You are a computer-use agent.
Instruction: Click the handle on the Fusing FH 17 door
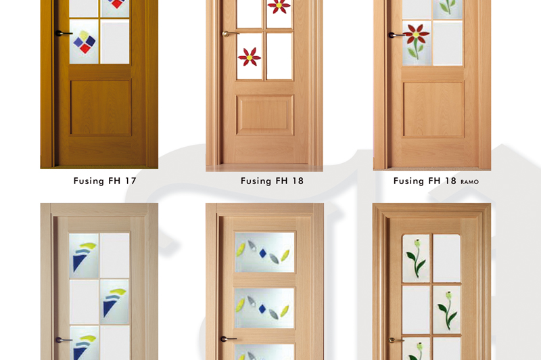[63, 33]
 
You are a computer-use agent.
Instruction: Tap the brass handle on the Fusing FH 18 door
[230, 33]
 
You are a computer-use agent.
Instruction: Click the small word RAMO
[469, 182]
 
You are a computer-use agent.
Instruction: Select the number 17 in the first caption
[130, 181]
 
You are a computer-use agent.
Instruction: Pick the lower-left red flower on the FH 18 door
[250, 57]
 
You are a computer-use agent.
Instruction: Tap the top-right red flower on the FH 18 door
[279, 6]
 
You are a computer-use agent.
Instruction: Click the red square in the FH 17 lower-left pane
[85, 49]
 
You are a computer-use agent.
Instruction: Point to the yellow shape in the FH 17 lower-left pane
[83, 35]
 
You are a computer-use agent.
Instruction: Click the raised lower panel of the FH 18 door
[265, 115]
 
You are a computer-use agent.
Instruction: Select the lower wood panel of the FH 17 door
[101, 108]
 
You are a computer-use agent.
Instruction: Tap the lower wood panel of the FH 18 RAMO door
[433, 109]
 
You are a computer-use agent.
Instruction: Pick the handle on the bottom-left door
[64, 340]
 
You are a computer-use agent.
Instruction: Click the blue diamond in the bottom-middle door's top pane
[262, 253]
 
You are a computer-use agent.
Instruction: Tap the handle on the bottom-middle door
[229, 339]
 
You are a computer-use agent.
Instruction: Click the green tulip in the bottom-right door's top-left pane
[416, 258]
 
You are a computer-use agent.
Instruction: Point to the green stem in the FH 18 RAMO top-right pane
[448, 7]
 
